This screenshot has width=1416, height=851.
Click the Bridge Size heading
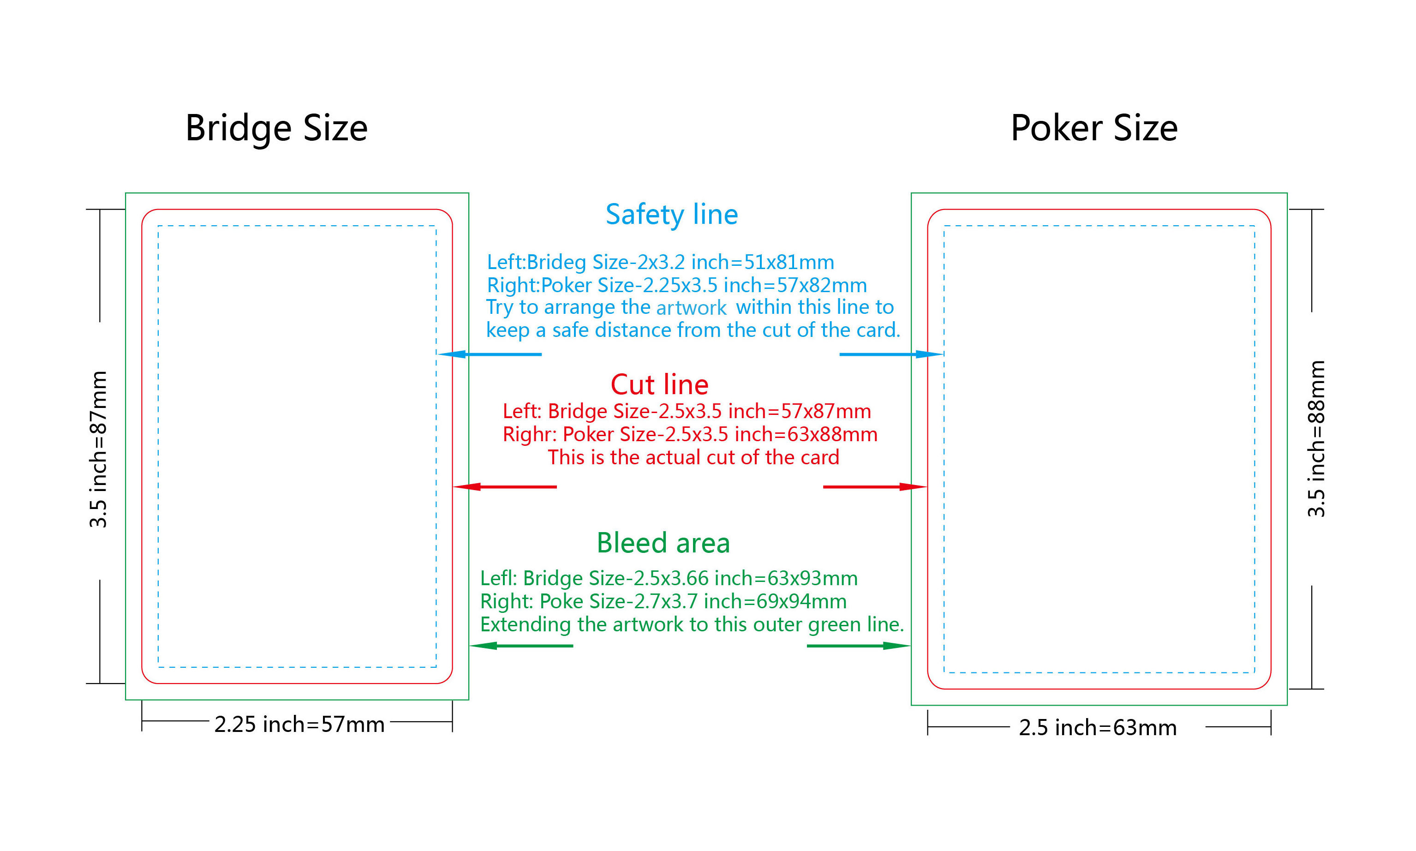(x=276, y=128)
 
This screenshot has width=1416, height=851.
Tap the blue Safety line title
(x=671, y=215)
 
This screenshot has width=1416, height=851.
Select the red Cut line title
(x=659, y=384)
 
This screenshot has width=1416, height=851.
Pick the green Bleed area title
(x=663, y=542)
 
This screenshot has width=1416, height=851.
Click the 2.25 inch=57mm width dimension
(x=299, y=724)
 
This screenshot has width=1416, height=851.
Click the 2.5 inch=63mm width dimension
(x=1097, y=728)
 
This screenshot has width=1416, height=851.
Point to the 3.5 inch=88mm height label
(x=1316, y=439)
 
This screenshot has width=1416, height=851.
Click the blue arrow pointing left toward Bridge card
(x=490, y=354)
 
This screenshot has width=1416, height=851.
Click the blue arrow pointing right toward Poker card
(x=891, y=354)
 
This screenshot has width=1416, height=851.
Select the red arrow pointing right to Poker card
(x=874, y=487)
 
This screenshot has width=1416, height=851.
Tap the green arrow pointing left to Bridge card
(x=521, y=646)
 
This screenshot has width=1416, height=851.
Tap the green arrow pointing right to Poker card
(x=858, y=646)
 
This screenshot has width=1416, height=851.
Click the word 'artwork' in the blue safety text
(x=691, y=308)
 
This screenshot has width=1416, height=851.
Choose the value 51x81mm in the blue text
(x=789, y=262)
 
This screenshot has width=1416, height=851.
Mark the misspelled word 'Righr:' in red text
(x=529, y=435)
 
